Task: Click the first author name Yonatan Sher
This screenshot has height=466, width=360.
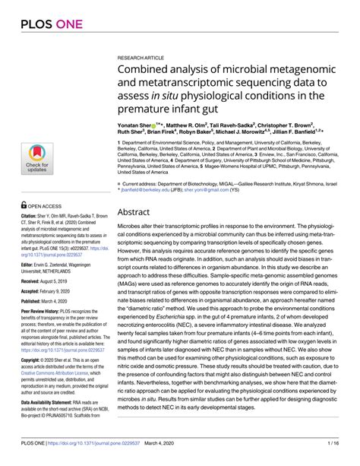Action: click(137, 123)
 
